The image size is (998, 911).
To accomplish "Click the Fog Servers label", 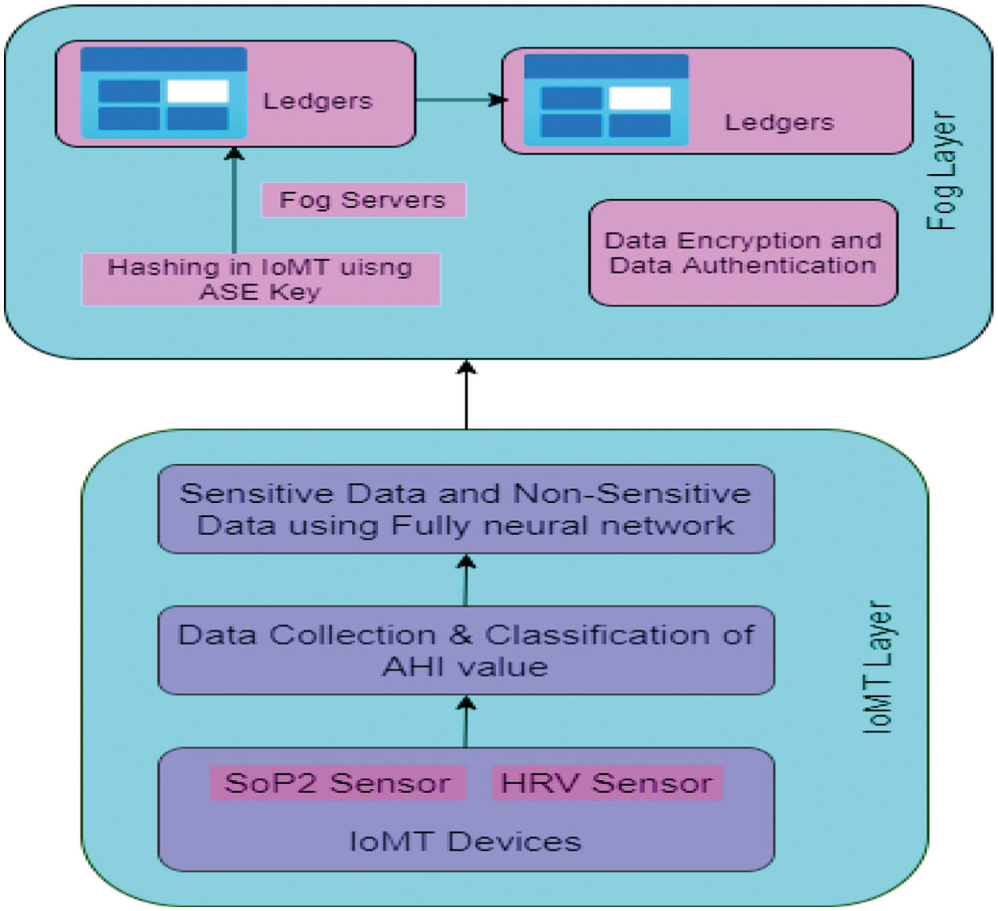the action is (363, 200).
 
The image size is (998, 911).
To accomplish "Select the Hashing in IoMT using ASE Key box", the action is (261, 279).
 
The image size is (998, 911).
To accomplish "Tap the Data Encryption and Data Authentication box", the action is (743, 253).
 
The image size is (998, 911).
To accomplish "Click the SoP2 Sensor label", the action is (338, 783).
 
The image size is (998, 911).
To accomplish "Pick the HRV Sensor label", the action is (607, 783).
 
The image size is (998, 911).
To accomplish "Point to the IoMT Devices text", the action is (465, 842).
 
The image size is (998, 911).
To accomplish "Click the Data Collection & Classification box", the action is (466, 650).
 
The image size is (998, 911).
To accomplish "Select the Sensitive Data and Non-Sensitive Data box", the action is (466, 509).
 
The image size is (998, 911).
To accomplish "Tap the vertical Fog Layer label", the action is (942, 170).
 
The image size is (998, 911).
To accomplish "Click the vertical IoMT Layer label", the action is (877, 667).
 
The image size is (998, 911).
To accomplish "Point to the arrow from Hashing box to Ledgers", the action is (234, 200).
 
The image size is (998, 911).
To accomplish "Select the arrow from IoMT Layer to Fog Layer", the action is (466, 394).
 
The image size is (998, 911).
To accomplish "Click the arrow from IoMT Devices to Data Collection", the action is (465, 722).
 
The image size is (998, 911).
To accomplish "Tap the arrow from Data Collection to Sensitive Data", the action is (465, 580).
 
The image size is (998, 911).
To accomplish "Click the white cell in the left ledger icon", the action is (197, 91).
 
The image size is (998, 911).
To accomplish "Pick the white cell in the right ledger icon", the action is (640, 98).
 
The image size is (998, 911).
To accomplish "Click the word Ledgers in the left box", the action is (318, 101).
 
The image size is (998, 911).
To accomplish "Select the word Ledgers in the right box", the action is (779, 122).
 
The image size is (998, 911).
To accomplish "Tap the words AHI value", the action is (465, 666).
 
